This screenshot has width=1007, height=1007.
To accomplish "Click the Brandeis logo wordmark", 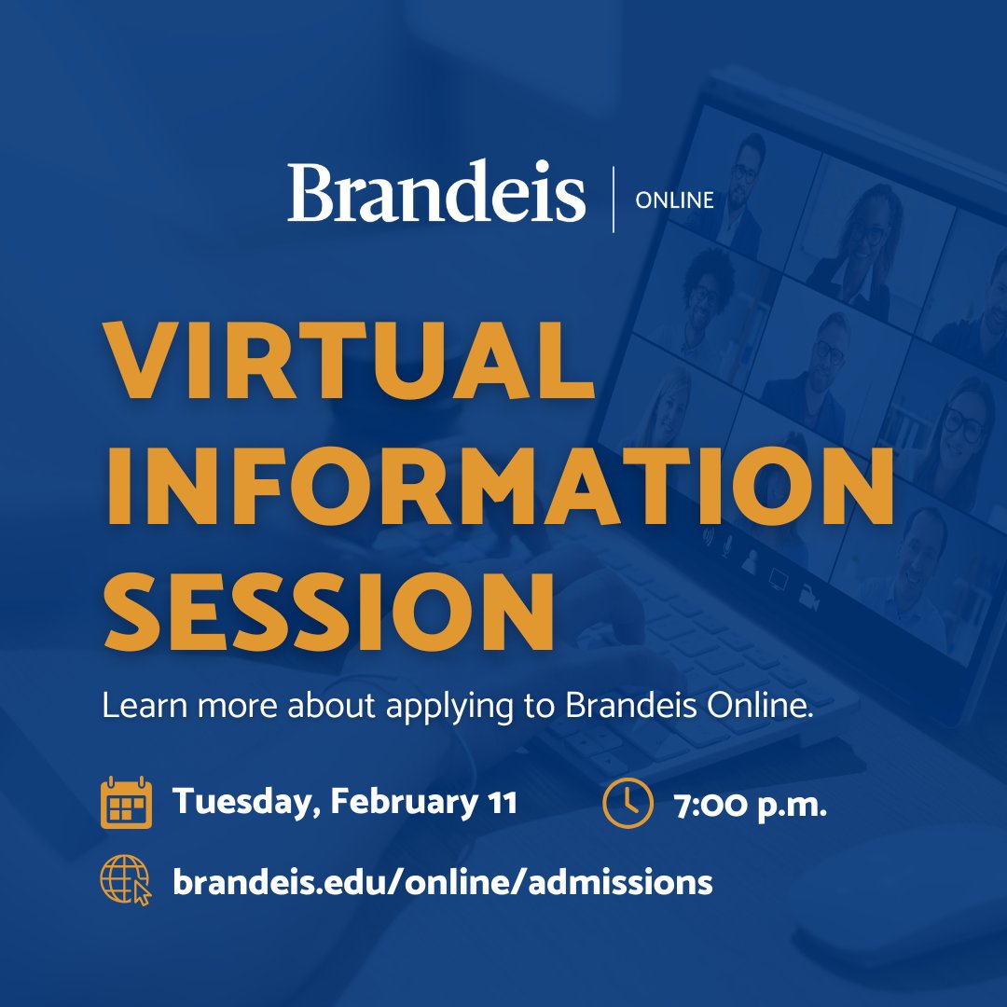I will (436, 192).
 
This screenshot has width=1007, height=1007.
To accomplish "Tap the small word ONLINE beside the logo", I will (674, 200).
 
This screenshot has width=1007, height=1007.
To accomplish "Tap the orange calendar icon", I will (125, 803).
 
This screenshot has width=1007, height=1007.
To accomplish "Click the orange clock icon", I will (627, 803).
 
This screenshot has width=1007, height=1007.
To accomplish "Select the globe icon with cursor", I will (125, 880).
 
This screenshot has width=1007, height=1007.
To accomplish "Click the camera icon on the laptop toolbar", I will (808, 601).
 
